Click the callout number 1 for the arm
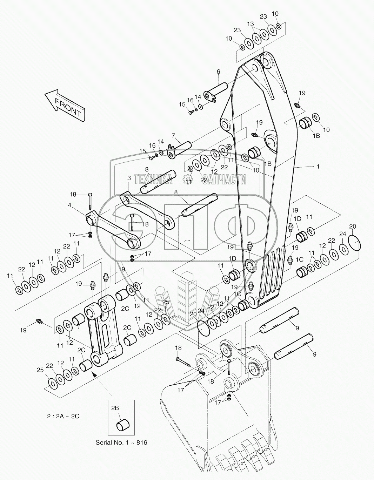318,167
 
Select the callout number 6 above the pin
218,72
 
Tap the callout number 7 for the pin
173,135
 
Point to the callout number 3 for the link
129,178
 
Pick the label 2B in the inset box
115,408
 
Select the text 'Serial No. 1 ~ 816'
121,442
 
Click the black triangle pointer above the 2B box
94,374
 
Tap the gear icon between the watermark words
186,180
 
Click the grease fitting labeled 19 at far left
39,321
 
